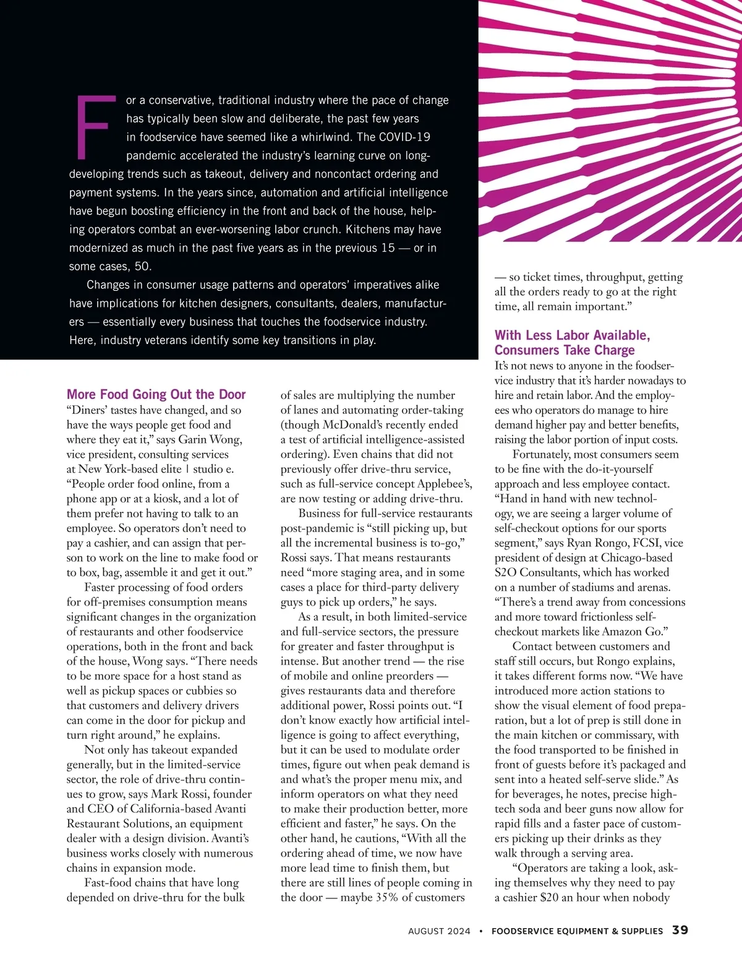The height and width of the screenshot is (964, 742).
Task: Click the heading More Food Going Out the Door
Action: click(156, 394)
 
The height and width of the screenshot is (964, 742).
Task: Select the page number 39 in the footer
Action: click(680, 930)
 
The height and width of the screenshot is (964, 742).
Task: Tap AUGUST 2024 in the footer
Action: click(439, 931)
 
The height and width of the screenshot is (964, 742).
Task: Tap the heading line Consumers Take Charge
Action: click(564, 350)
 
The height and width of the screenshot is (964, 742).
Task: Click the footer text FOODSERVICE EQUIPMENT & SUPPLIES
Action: click(577, 931)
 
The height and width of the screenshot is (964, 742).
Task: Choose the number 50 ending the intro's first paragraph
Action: click(142, 267)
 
